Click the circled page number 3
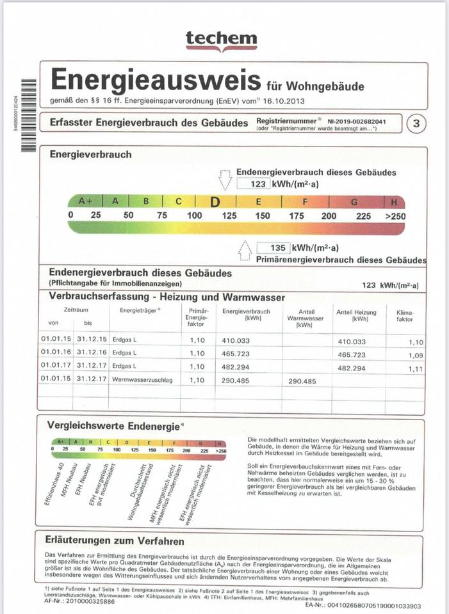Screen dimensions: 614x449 point(416,123)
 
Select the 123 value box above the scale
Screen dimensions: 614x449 point(253,184)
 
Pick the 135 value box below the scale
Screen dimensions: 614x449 point(273,248)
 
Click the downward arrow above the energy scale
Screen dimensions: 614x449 point(225,180)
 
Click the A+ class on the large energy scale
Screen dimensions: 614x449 point(85,201)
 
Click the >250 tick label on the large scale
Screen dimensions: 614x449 point(395,216)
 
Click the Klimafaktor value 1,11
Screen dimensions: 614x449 point(416,369)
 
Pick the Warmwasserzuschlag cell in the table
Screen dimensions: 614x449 point(136,381)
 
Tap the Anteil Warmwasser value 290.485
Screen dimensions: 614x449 point(302,381)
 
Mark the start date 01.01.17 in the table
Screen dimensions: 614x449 point(54,367)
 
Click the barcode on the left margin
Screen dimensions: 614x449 point(27,115)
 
